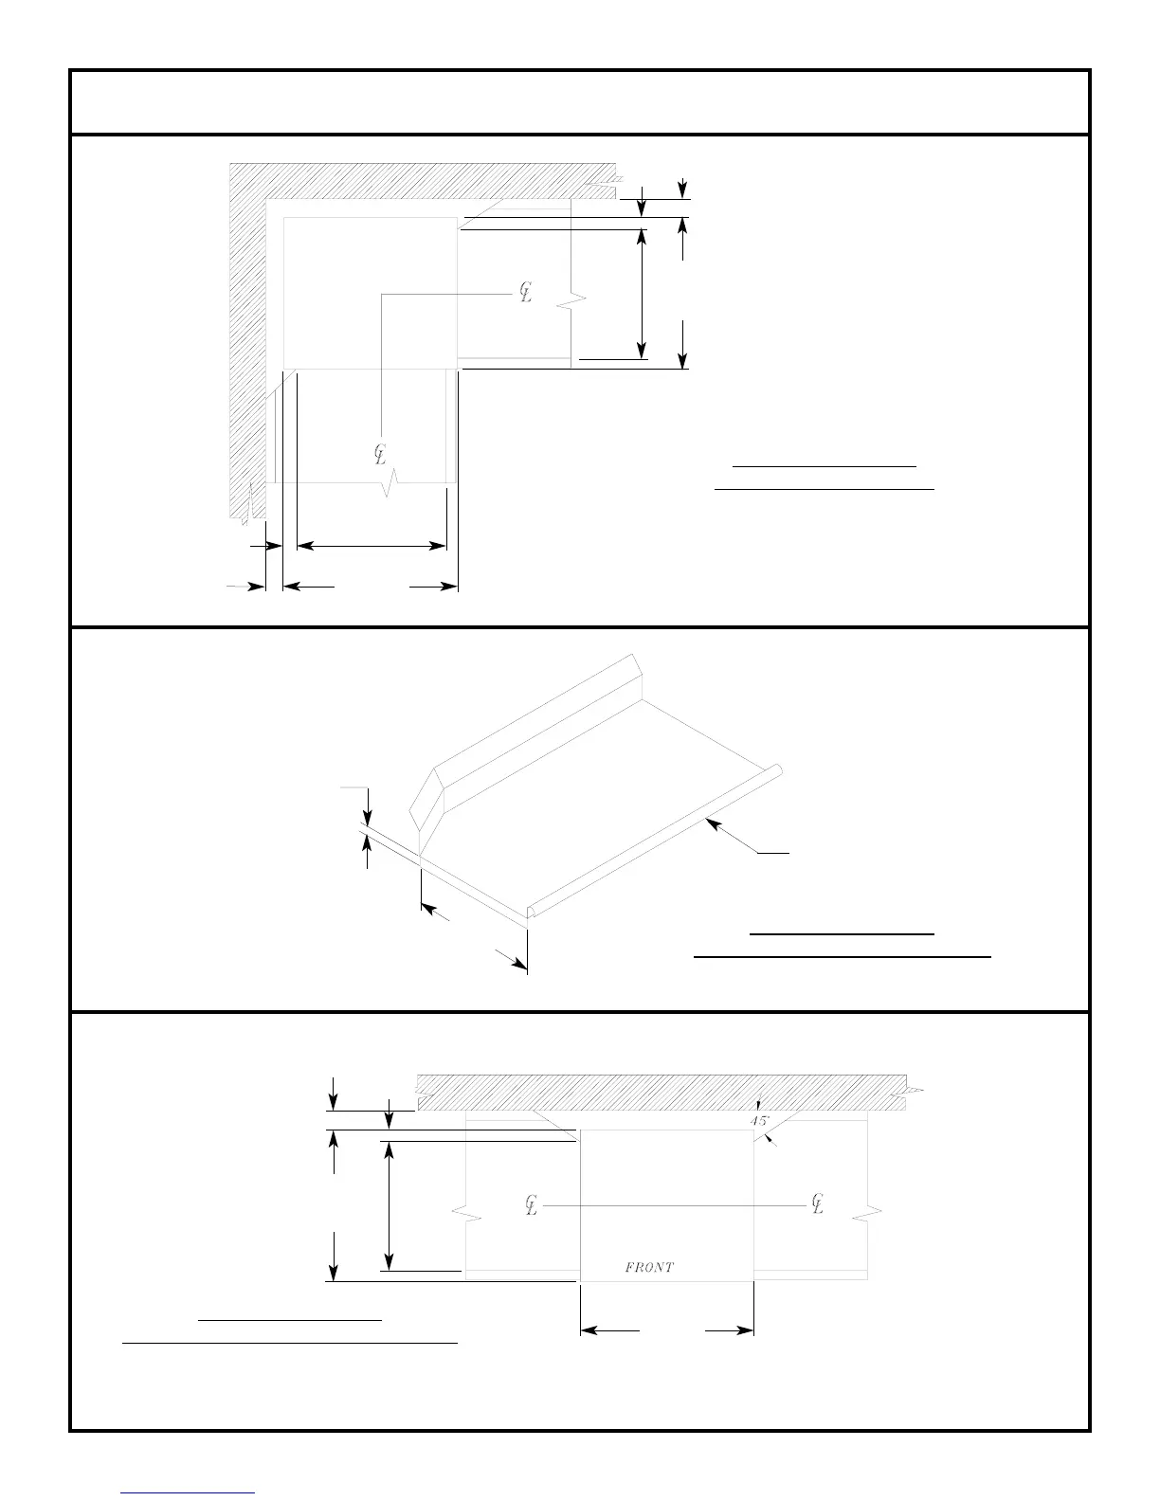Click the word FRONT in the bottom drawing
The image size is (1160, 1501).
[649, 1267]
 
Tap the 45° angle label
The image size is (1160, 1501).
[760, 1121]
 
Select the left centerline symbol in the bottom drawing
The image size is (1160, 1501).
[532, 1205]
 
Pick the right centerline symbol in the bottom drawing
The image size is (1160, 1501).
[818, 1204]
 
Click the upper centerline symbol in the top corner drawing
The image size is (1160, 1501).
[525, 293]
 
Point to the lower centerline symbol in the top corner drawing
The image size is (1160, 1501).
[381, 455]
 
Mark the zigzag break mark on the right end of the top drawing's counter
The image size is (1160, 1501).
[572, 301]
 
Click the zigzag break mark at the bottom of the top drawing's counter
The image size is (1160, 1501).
[390, 486]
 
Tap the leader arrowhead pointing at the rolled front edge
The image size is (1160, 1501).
[714, 825]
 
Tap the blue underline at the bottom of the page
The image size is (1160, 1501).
[189, 1492]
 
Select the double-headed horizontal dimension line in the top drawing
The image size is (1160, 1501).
[372, 546]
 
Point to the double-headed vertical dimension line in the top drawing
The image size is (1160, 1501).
[643, 289]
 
